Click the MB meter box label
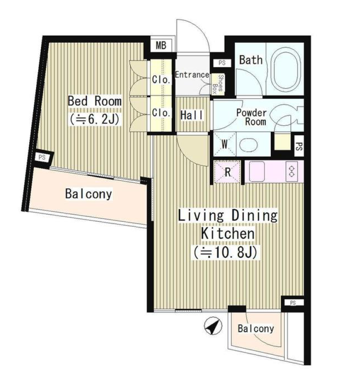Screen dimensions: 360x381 pos(161,45)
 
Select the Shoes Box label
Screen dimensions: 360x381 pos(218,84)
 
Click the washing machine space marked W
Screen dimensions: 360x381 pos(224,145)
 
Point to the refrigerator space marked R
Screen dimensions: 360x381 pos(227,172)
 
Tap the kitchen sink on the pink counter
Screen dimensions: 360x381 pos(257,171)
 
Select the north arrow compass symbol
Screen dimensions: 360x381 pos(213,326)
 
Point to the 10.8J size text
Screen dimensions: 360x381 pos(226,252)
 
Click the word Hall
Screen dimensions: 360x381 pos(192,115)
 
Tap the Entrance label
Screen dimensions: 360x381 pos(192,74)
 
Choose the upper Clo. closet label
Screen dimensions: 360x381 pos(161,79)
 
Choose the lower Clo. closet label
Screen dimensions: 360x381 pos(161,113)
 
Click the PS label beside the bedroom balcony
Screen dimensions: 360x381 pos(42,157)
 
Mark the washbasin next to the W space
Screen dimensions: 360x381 pos(248,145)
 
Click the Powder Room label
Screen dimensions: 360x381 pos(251,117)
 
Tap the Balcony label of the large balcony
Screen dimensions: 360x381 pos(89,194)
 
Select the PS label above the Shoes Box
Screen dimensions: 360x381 pos(222,63)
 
